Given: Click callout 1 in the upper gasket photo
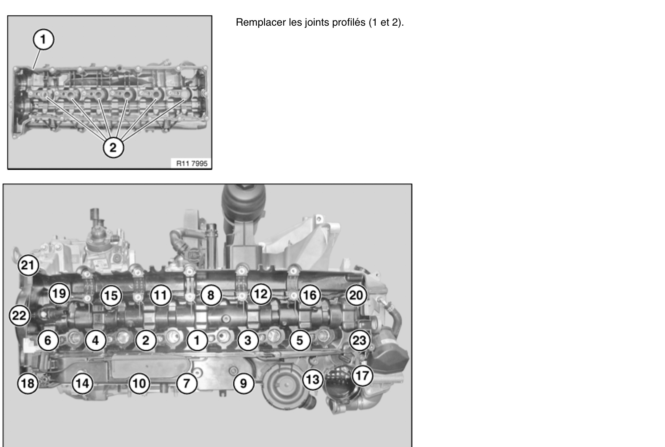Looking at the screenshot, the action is pos(43,39).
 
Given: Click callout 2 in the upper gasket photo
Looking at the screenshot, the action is pos(113,147).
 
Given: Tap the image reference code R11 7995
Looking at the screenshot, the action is pos(192,163).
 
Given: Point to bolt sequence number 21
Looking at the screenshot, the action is pos(28,266).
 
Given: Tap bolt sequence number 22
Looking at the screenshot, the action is pos(19,315).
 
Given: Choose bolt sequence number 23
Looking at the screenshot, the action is pos(359,340).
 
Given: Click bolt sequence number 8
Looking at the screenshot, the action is pos(211,296).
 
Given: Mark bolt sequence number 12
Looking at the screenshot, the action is pos(260,294).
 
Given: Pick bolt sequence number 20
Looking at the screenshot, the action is pos(356,295).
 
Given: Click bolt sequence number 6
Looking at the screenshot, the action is pos(48,340).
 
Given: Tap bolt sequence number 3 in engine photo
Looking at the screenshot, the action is pos(248,340).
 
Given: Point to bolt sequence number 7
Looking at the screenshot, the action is pos(186,384).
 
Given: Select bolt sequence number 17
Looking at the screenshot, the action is pos(362,376).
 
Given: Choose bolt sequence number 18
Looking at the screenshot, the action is pos(28,384).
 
